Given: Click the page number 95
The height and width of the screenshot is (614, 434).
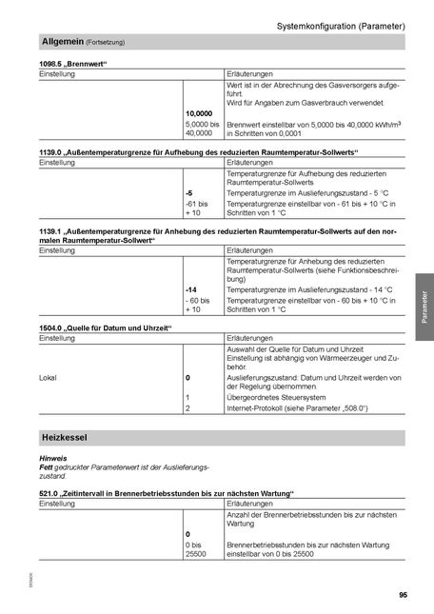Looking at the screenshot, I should (x=404, y=595).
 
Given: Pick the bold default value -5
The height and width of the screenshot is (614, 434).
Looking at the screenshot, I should (x=189, y=192).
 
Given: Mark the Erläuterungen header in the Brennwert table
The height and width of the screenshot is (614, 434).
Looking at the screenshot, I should (x=251, y=73).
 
